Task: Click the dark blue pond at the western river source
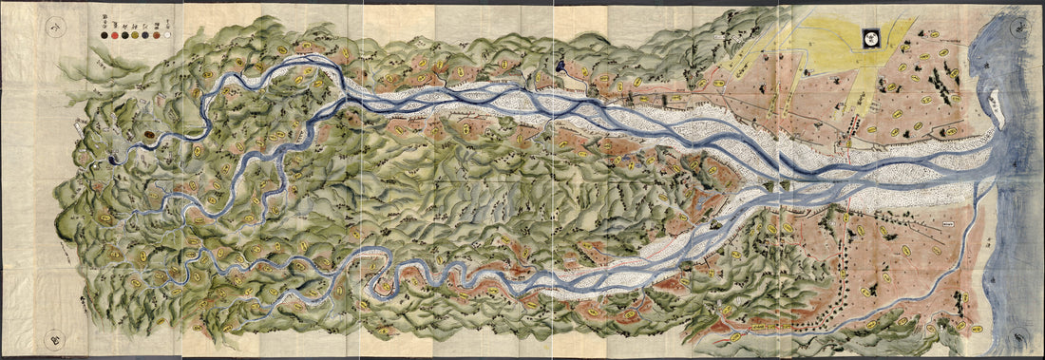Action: click(115, 160)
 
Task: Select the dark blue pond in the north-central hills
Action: click(561, 67)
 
